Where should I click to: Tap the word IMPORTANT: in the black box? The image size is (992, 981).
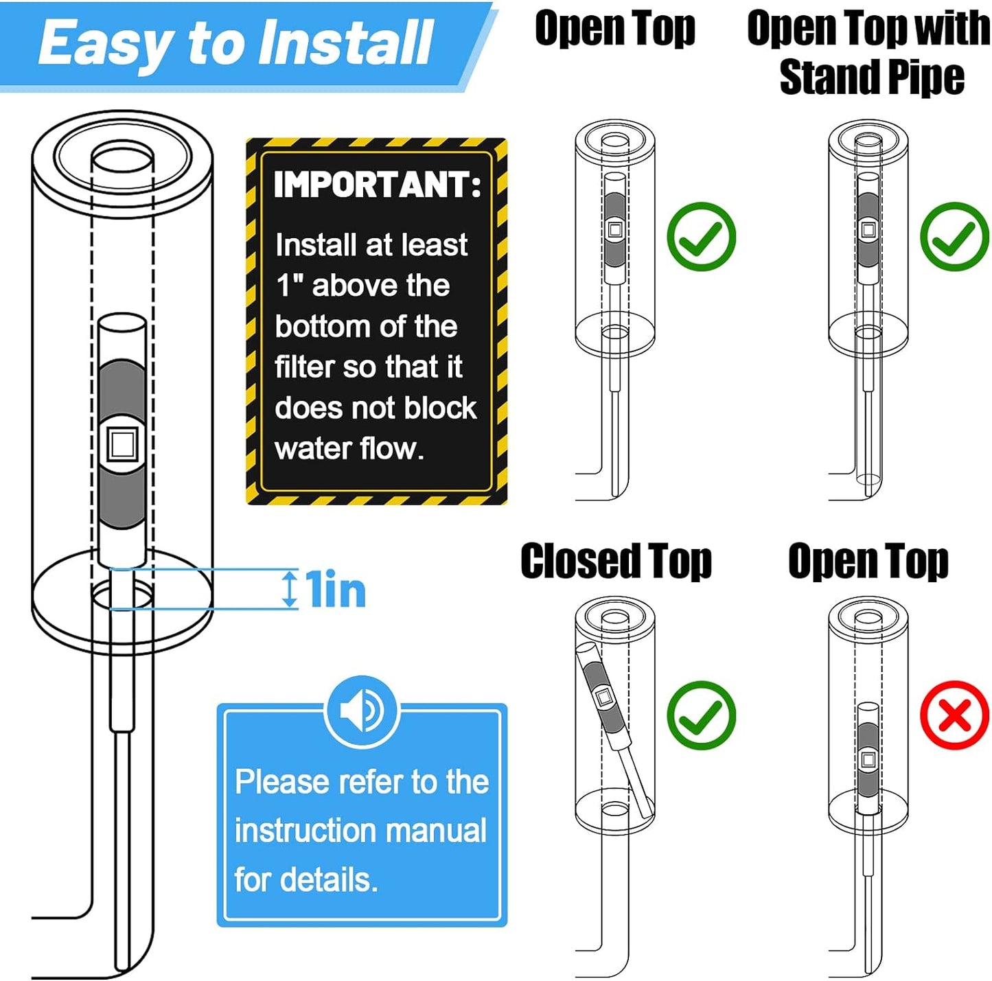pyautogui.click(x=378, y=184)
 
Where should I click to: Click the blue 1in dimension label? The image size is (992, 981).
pyautogui.click(x=335, y=589)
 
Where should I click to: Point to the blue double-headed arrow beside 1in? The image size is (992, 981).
pyautogui.click(x=291, y=588)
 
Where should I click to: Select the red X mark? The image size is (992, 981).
pyautogui.click(x=955, y=715)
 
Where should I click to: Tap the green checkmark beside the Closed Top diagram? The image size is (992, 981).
pyautogui.click(x=701, y=715)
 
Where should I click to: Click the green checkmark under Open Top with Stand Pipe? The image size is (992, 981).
pyautogui.click(x=955, y=236)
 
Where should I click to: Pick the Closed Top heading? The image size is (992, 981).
pyautogui.click(x=616, y=562)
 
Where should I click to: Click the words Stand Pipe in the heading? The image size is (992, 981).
pyautogui.click(x=872, y=77)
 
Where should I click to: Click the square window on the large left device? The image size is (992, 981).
pyautogui.click(x=122, y=443)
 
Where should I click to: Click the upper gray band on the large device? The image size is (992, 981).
pyautogui.click(x=122, y=391)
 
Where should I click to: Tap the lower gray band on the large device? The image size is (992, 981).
pyautogui.click(x=122, y=498)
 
